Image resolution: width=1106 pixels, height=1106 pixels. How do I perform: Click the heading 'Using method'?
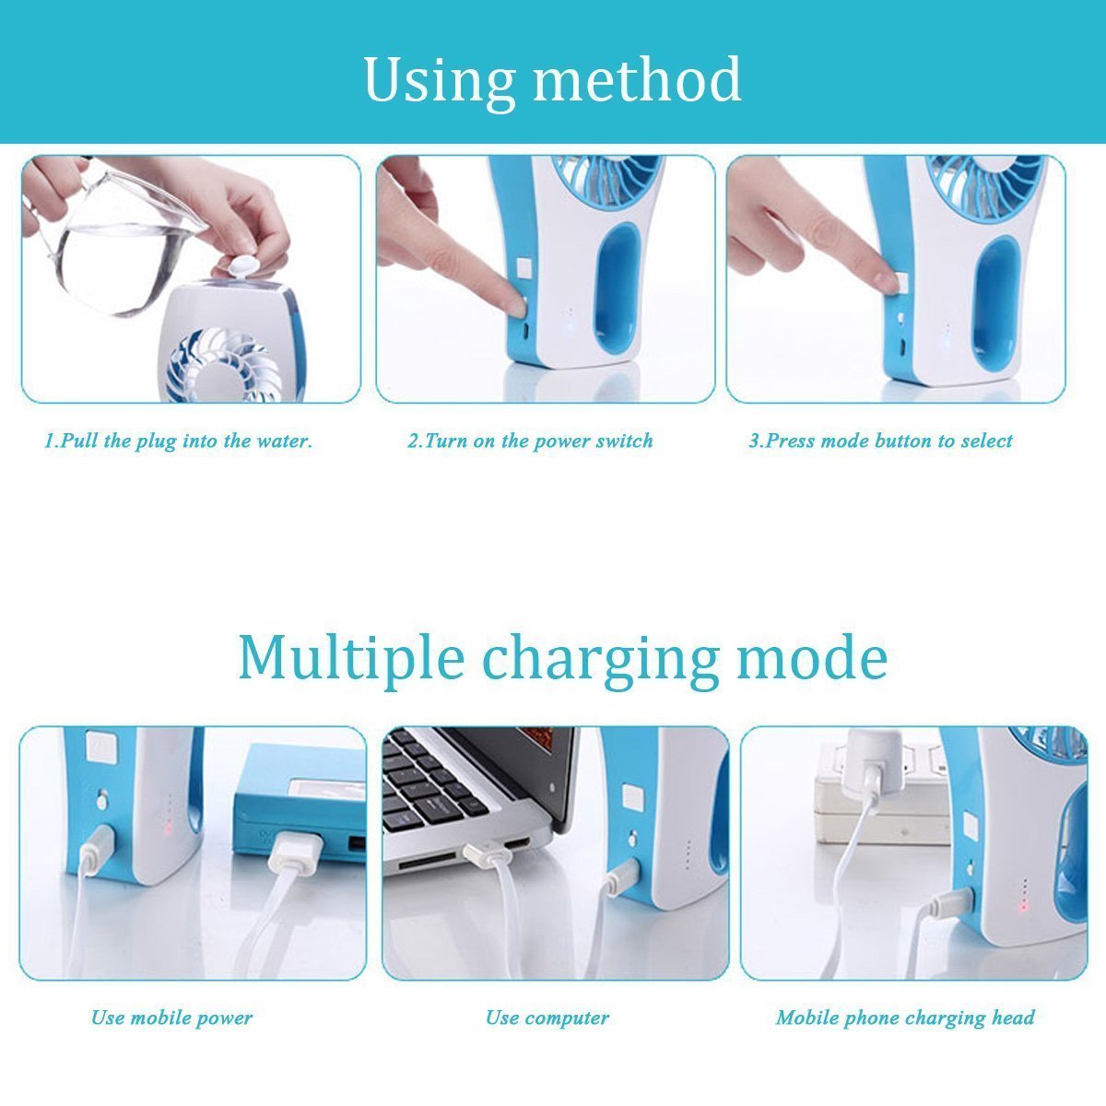(552, 80)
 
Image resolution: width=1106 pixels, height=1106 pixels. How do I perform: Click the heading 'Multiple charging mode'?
(562, 657)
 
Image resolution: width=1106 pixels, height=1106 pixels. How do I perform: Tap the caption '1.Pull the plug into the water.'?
(179, 441)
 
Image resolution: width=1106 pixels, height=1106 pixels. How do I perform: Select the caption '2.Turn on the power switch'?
(530, 441)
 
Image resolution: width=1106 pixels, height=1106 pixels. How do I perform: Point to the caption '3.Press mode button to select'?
(880, 441)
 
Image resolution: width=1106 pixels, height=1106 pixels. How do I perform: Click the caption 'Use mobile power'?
(171, 1018)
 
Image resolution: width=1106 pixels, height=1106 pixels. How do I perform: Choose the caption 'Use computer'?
(547, 1018)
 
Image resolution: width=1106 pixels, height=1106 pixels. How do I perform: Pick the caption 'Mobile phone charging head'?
(905, 1018)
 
